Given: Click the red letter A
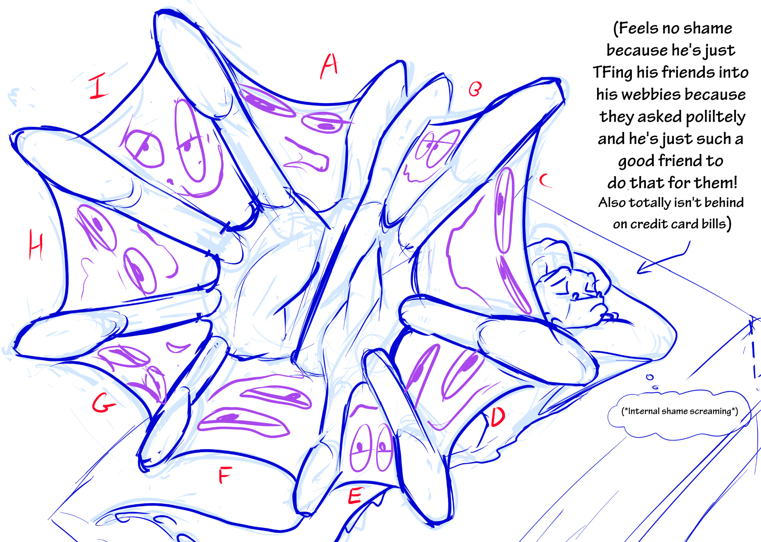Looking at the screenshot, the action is pyautogui.click(x=329, y=66).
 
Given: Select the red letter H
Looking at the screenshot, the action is pyautogui.click(x=36, y=244).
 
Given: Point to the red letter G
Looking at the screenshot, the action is pyautogui.click(x=103, y=403).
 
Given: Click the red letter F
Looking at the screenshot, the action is pyautogui.click(x=225, y=475).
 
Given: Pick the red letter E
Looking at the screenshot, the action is pyautogui.click(x=355, y=496).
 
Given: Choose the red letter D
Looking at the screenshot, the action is pyautogui.click(x=498, y=416).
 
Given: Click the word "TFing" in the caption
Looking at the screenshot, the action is pyautogui.click(x=613, y=73).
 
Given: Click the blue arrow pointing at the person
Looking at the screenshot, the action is pyautogui.click(x=663, y=258).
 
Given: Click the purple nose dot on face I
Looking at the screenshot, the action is pyautogui.click(x=170, y=182).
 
